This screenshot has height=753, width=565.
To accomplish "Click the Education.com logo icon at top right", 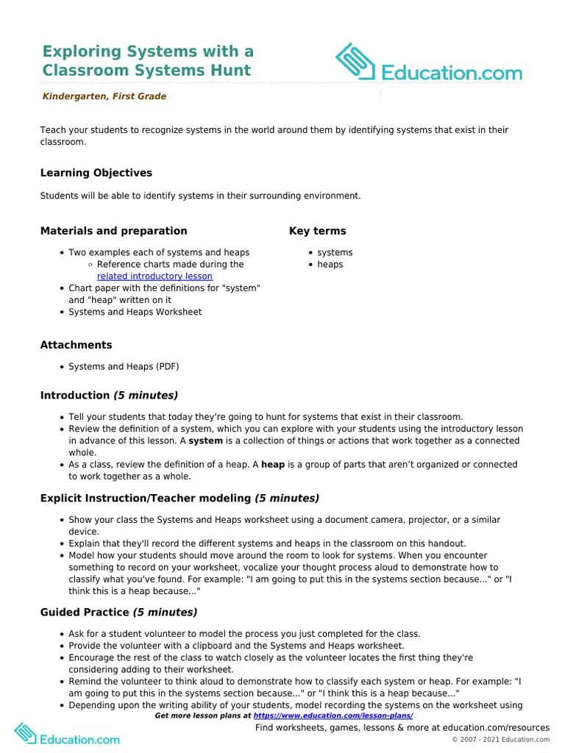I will (x=357, y=63).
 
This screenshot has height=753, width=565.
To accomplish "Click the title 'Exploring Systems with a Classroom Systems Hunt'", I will (x=148, y=61).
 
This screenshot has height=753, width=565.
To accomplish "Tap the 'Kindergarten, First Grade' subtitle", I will (x=104, y=96).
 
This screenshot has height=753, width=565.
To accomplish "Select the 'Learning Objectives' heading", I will (x=96, y=173).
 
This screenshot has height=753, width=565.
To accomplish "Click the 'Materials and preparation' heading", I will (x=113, y=231).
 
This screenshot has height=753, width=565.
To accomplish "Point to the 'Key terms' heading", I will (x=317, y=231).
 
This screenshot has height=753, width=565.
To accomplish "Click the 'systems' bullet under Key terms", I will (x=335, y=252).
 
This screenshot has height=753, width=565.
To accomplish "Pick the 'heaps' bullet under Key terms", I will (x=330, y=264).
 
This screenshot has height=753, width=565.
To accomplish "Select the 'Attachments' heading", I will (x=76, y=345).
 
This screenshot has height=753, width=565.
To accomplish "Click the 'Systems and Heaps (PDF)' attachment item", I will (x=124, y=366).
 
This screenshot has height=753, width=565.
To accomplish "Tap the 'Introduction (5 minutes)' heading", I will (x=109, y=396).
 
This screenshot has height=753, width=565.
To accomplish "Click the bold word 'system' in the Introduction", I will (x=205, y=441).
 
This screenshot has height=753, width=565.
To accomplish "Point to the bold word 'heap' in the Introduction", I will (x=273, y=465).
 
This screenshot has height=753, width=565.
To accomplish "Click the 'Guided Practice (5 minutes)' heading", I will (x=118, y=612).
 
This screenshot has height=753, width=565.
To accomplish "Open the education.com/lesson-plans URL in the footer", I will (x=333, y=715).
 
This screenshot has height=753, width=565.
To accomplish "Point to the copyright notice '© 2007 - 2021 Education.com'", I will (x=500, y=740).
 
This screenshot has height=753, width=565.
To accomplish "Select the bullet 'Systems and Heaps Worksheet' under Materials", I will (x=135, y=312).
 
